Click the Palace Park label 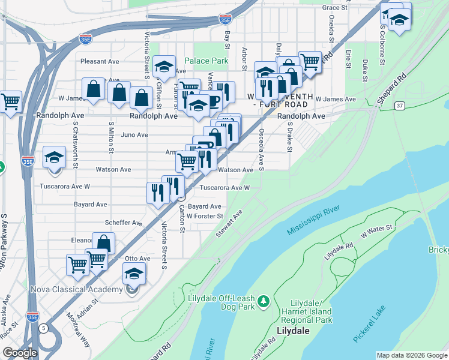206,61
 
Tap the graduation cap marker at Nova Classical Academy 134,275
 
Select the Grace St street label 335,8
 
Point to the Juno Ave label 134,135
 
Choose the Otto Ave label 137,259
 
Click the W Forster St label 205,216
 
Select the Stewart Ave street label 229,223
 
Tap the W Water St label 376,232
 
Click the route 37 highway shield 399,106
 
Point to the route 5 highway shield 44,328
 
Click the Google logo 20,353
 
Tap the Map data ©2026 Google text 412,355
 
